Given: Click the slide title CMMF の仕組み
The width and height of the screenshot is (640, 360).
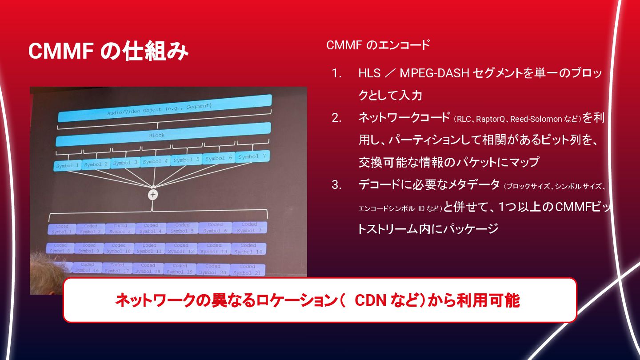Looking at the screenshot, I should (108, 52).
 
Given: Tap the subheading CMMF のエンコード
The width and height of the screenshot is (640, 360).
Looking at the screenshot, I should (378, 45).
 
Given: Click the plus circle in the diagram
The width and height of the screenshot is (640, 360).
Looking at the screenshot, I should (153, 195).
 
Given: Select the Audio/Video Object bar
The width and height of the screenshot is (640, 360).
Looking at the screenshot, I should (164, 108).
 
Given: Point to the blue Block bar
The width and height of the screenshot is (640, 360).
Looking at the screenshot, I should (163, 134).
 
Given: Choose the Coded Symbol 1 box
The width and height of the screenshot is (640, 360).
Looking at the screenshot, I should (62, 229).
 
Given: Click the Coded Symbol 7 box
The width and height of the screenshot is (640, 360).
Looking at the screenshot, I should (249, 228).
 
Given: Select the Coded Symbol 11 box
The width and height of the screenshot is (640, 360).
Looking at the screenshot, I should (149, 248).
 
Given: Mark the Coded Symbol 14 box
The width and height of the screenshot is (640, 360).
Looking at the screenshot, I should (248, 248).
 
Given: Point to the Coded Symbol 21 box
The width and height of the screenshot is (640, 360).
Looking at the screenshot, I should (247, 270).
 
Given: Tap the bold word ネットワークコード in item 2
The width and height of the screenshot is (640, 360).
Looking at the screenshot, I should (404, 118).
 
